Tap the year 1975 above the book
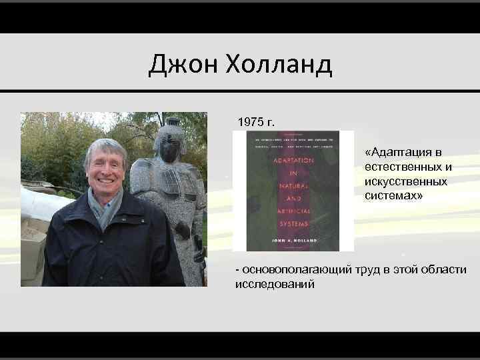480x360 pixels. [x=250, y=123]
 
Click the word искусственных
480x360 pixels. [x=406, y=181]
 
